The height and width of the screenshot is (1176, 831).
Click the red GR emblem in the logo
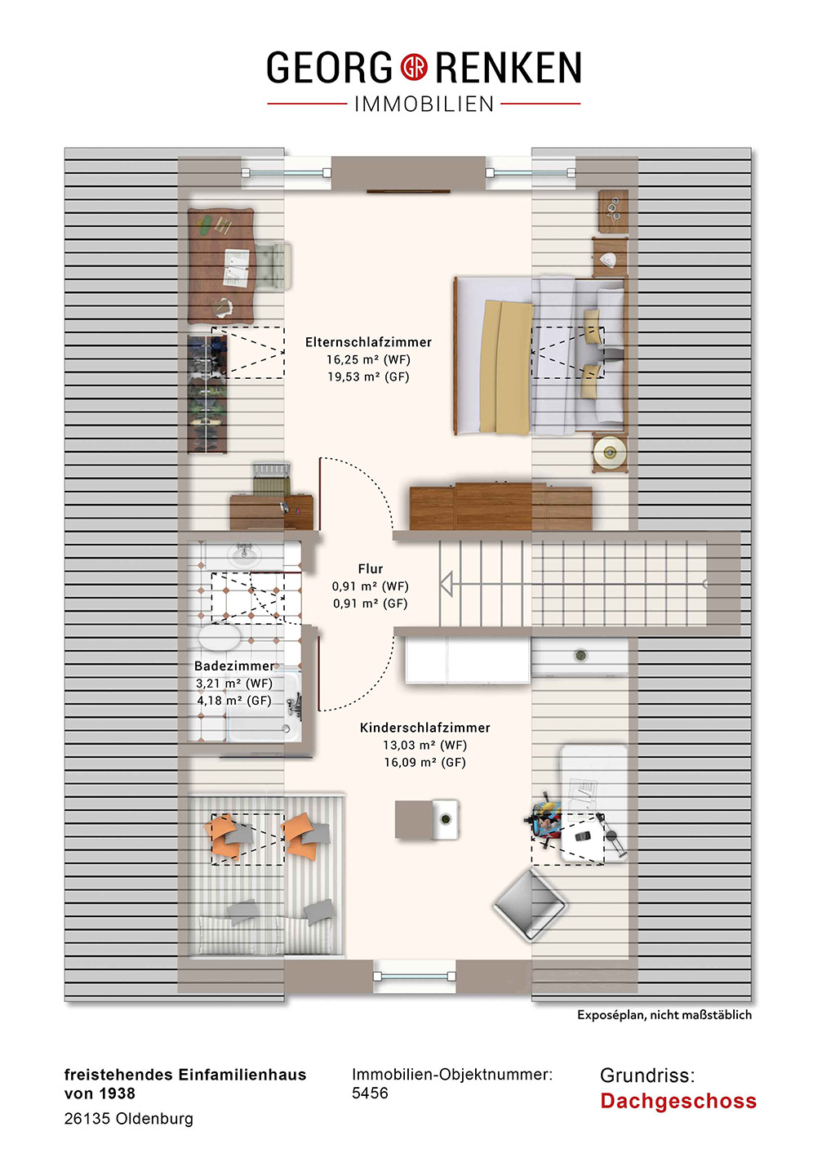pyautogui.click(x=414, y=67)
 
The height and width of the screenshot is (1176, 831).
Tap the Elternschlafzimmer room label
pyautogui.click(x=368, y=342)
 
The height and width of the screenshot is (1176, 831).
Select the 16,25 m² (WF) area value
pyautogui.click(x=368, y=359)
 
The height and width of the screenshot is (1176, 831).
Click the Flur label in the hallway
pyautogui.click(x=371, y=568)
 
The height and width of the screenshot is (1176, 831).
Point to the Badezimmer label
pyautogui.click(x=234, y=666)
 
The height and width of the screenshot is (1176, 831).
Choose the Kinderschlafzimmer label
pyautogui.click(x=425, y=728)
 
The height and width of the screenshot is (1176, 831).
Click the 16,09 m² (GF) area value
pyautogui.click(x=425, y=762)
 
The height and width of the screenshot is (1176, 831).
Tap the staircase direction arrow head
pyautogui.click(x=447, y=584)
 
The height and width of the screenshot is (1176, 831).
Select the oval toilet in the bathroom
pyautogui.click(x=220, y=637)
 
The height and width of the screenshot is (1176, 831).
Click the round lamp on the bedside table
pyautogui.click(x=610, y=452)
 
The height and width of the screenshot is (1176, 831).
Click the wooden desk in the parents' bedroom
pyautogui.click(x=221, y=265)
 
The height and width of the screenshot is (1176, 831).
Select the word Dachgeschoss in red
pyautogui.click(x=678, y=1101)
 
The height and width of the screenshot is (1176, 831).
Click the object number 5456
pyautogui.click(x=370, y=1093)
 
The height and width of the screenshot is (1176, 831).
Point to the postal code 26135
pyautogui.click(x=87, y=1119)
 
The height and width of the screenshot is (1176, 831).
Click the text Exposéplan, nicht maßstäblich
pyautogui.click(x=664, y=1015)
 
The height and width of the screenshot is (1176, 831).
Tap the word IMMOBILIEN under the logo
pyautogui.click(x=424, y=104)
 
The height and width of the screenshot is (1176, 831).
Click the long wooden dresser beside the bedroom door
pyautogui.click(x=501, y=506)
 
